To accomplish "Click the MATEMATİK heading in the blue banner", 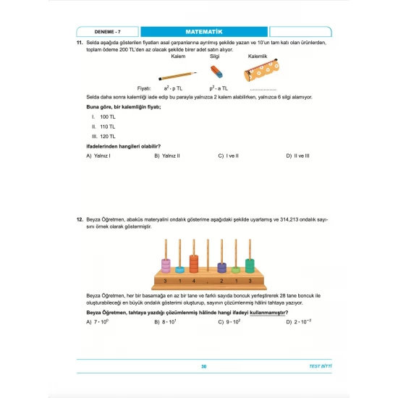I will point(203,32).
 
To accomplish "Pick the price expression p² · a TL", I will point(215,86).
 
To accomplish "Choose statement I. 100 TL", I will point(103,117).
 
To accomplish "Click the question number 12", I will point(80,218).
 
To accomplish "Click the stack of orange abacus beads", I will point(193,263).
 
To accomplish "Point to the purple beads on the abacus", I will point(222,268).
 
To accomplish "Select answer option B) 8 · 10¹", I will point(168,322).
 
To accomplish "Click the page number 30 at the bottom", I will point(204,368).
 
